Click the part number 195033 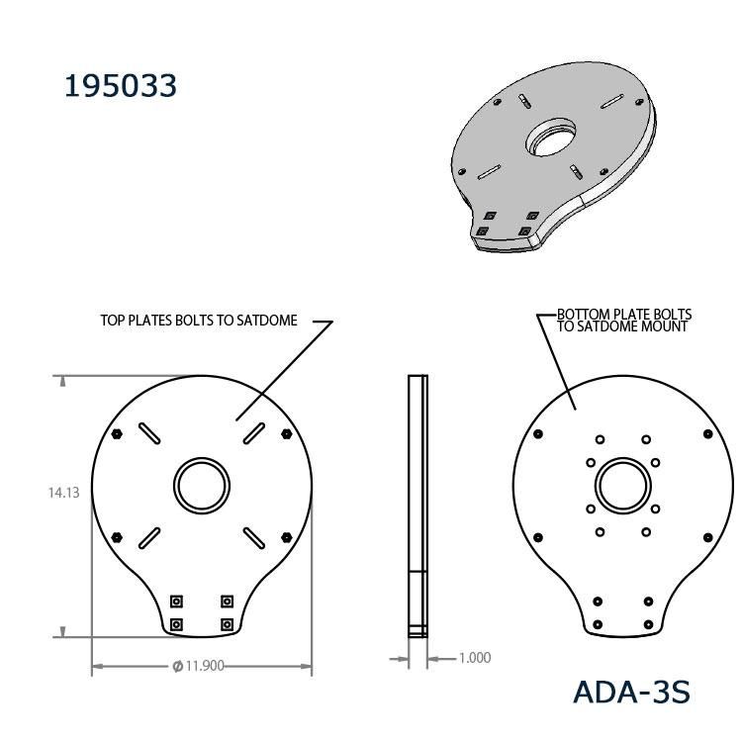click(120, 86)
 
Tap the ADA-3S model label click(631, 693)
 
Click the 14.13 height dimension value click(64, 493)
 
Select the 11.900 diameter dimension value click(205, 666)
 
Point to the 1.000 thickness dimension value click(475, 658)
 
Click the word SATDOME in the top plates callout click(267, 321)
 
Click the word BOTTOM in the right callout click(583, 315)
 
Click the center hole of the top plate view click(202, 486)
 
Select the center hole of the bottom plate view click(622, 486)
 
